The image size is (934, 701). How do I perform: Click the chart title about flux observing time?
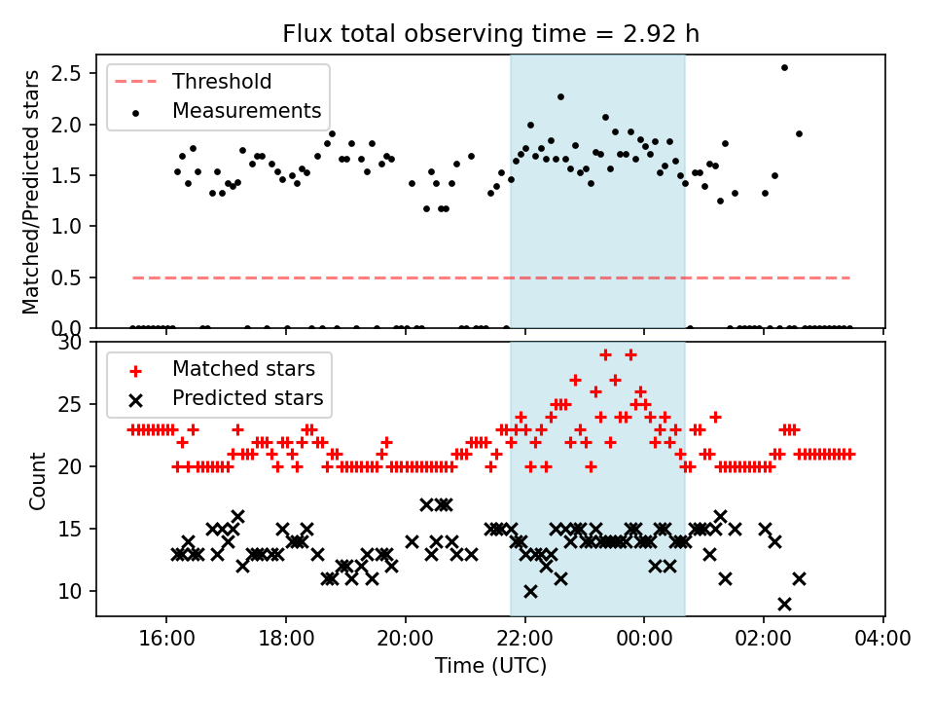coord(490,34)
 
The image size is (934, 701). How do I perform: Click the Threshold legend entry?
coord(222,82)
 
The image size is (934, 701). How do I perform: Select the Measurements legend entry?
coord(246,111)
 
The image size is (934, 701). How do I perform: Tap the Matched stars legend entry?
coord(243,369)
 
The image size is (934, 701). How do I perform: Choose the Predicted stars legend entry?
coord(247,398)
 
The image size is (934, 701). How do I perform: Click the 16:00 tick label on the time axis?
coord(166,641)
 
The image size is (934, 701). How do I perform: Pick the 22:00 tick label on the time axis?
coord(525,641)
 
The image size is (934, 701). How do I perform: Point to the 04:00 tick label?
coord(883,641)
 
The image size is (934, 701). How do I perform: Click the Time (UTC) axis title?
coord(490,666)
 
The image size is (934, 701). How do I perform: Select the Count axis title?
coord(38,480)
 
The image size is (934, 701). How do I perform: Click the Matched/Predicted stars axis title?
coord(31,192)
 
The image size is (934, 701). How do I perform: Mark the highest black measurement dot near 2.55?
coord(784,68)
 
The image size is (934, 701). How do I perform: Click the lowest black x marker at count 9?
coord(784,604)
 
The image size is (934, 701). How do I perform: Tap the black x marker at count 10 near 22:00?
coord(530,591)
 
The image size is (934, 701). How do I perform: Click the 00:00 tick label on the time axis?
coord(644,641)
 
